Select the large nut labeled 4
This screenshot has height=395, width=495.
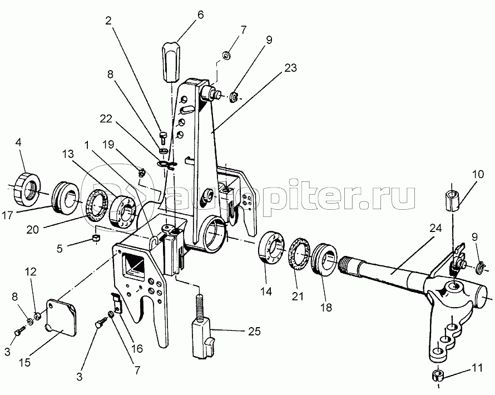[27, 189]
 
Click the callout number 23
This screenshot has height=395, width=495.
[290, 67]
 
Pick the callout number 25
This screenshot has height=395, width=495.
[254, 331]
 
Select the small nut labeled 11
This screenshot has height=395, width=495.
[437, 376]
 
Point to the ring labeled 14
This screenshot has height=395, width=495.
[271, 247]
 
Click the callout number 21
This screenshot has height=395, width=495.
[298, 296]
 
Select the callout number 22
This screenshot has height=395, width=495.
[106, 119]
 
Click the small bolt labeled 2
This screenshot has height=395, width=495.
[163, 137]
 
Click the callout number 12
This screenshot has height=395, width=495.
[31, 272]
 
